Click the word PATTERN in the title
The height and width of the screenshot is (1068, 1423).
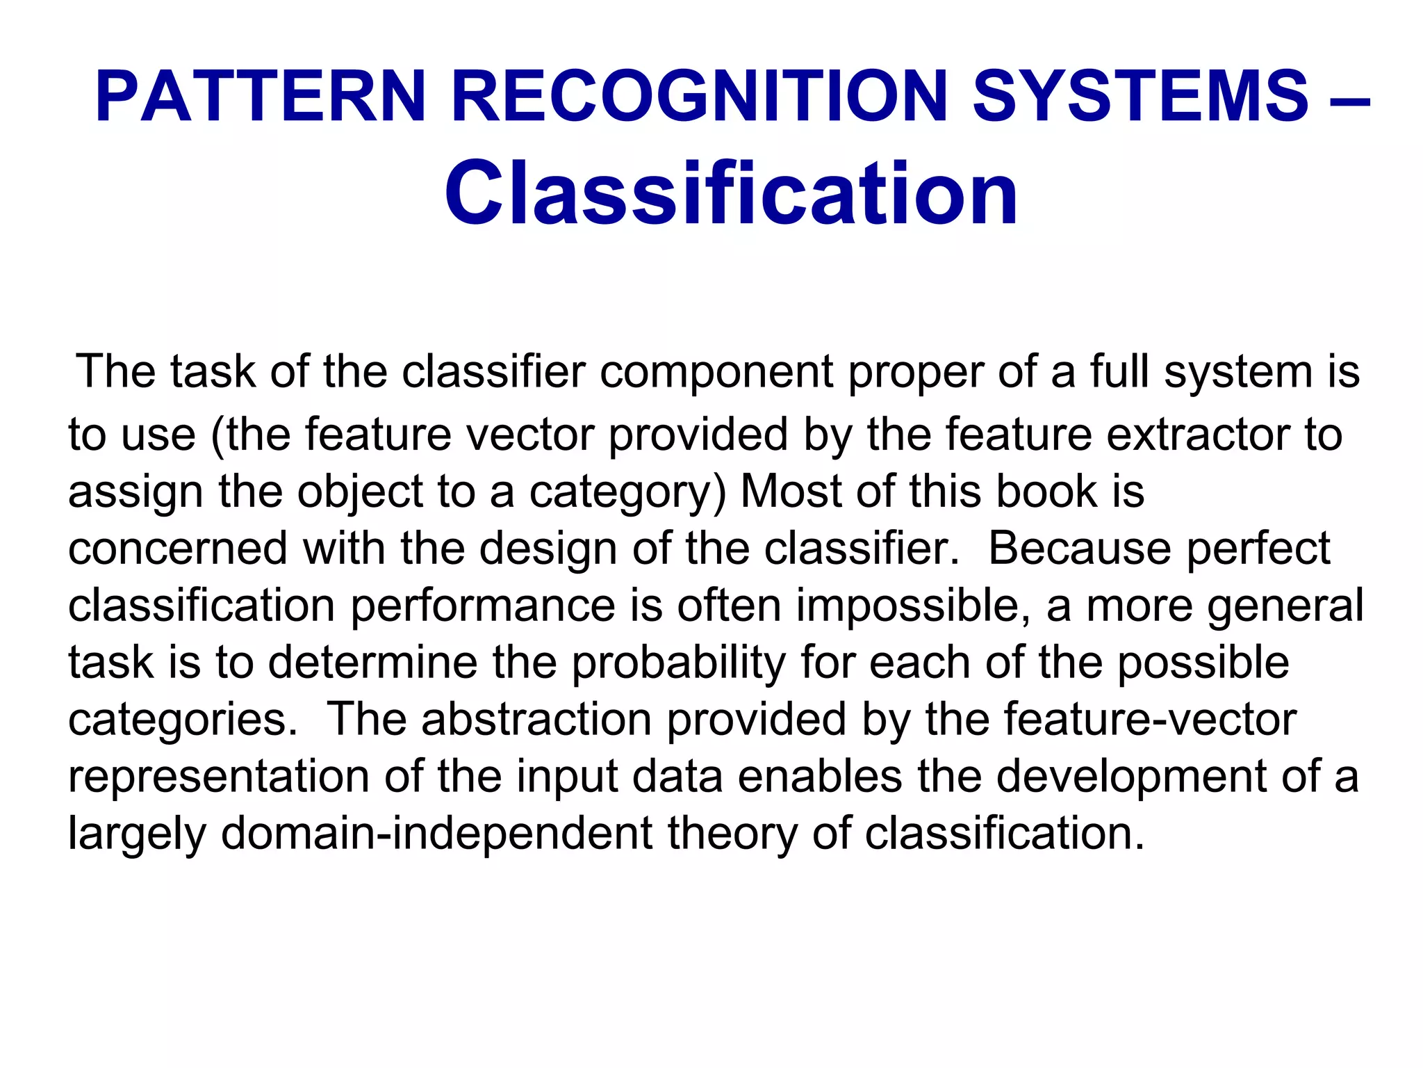[260, 97]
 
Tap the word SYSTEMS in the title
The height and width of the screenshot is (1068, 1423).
[1140, 97]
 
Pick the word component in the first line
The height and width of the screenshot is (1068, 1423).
[716, 373]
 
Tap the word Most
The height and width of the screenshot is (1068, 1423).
[791, 492]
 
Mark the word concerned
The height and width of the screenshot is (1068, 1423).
[177, 549]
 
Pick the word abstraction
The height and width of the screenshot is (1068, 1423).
[536, 720]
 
